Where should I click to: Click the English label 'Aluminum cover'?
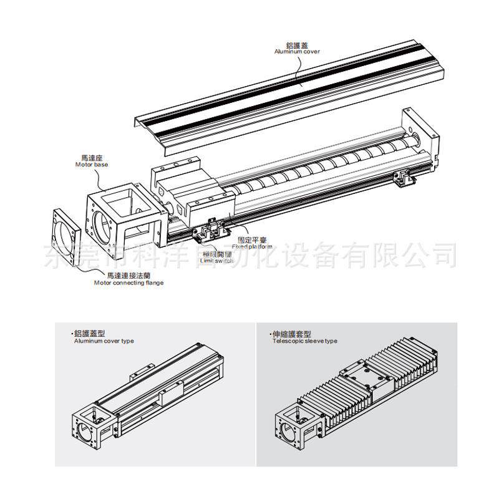pos(297,51)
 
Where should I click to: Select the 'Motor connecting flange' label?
pos(128,283)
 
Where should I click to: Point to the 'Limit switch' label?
pos(217,261)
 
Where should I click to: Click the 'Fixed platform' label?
pos(255,246)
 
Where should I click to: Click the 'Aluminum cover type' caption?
pos(104,341)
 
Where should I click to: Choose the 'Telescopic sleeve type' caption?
pos(304,341)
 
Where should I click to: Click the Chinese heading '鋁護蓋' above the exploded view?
pos(297,44)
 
